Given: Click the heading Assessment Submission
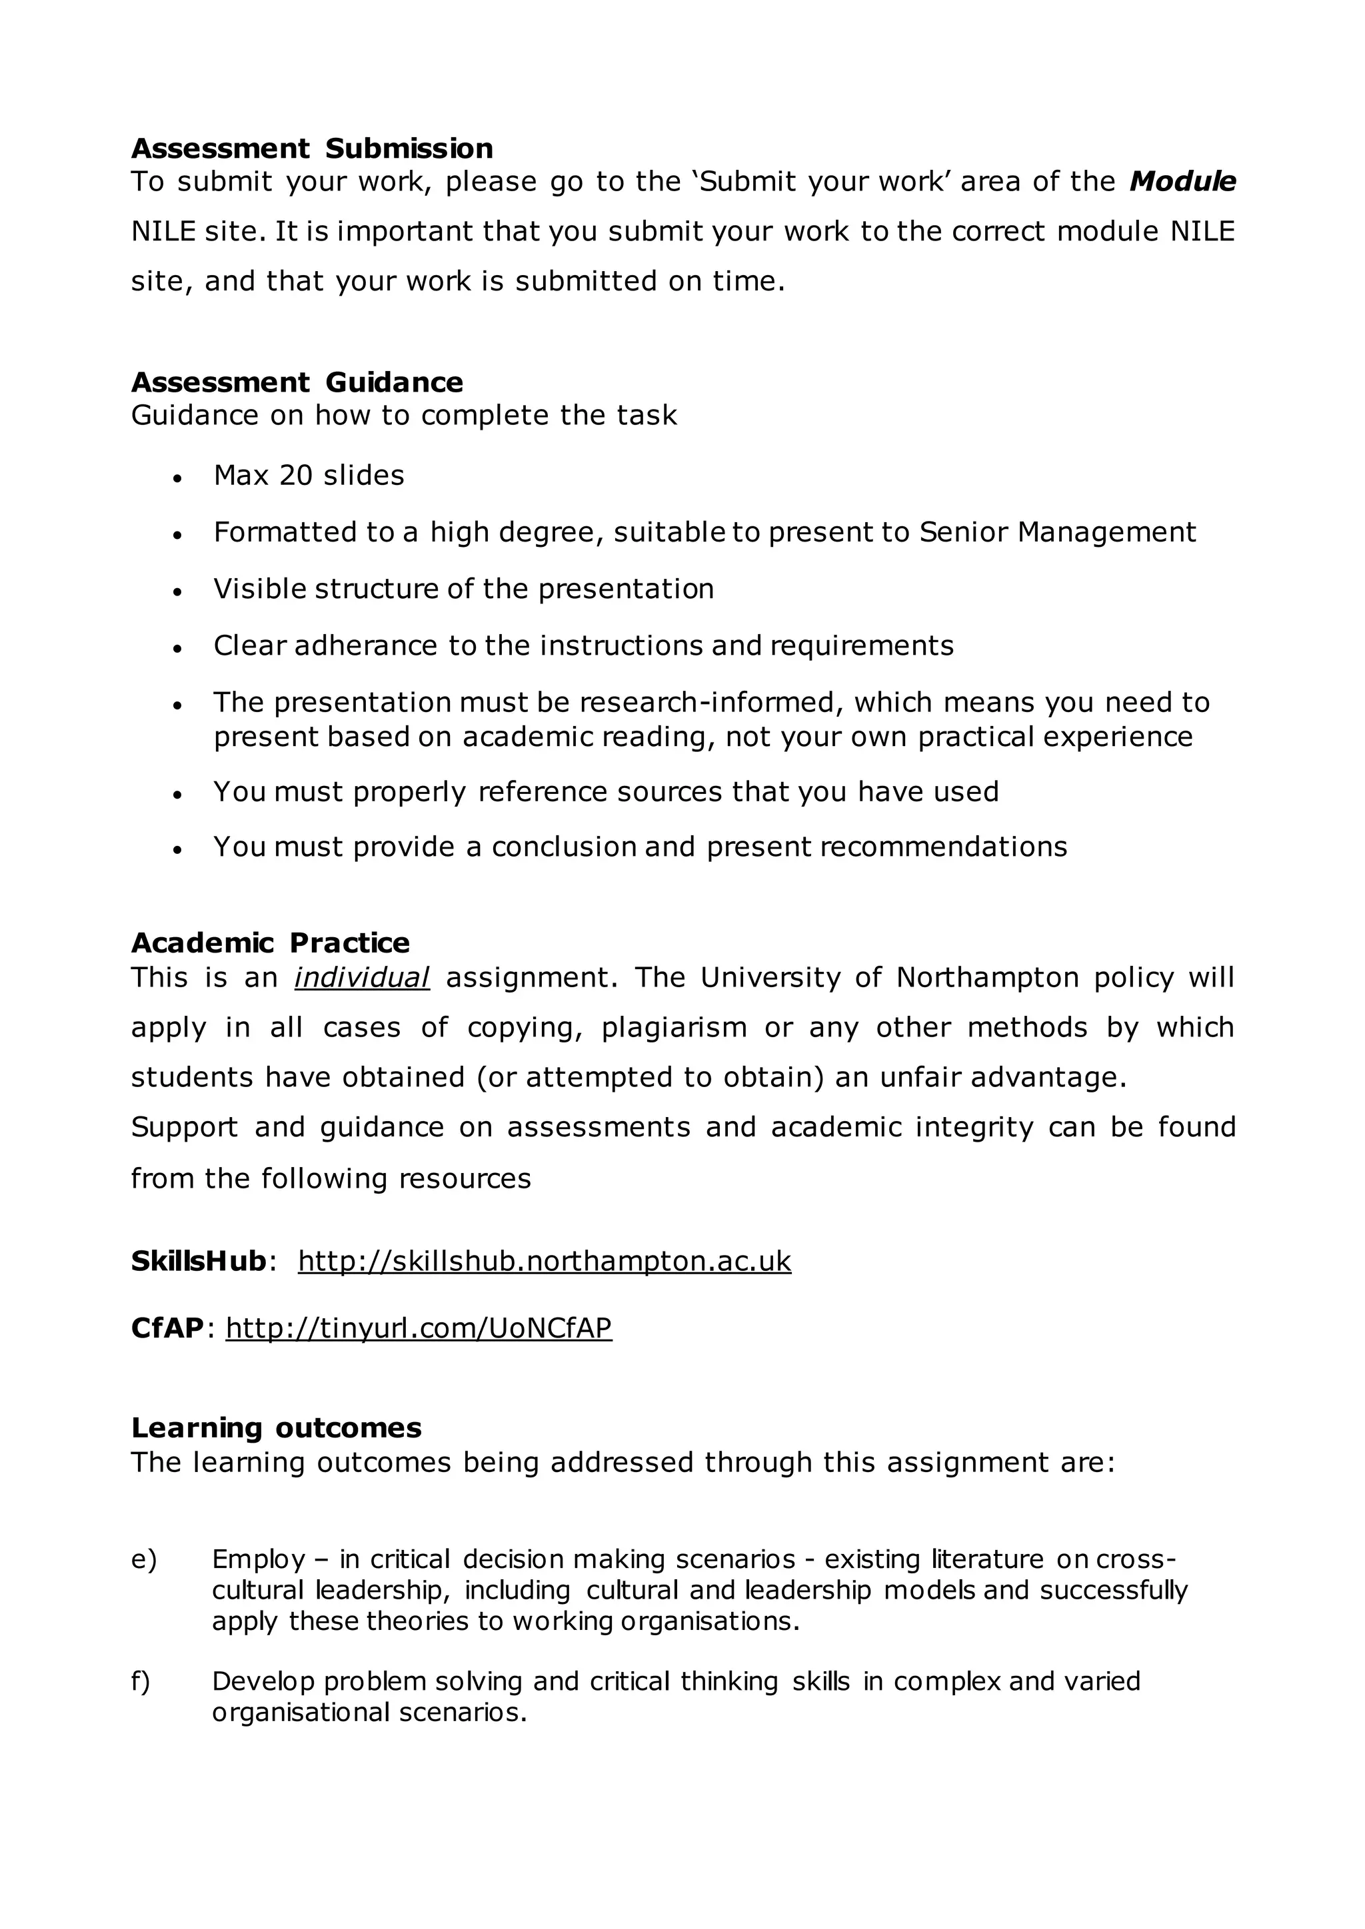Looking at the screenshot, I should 312,149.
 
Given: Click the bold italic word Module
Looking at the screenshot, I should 1182,181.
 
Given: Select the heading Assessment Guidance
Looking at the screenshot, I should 297,382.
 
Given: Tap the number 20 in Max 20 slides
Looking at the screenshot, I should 296,476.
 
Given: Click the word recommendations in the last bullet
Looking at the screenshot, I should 943,846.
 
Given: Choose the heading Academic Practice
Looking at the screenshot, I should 270,943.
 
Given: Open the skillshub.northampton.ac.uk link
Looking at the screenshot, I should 544,1261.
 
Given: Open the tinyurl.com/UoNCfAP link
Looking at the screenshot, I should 419,1328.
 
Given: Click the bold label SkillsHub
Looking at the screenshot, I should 199,1261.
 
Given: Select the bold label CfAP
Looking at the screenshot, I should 167,1328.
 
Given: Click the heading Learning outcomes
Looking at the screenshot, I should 276,1427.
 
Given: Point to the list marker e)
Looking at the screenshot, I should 144,1559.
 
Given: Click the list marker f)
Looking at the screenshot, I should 141,1681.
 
